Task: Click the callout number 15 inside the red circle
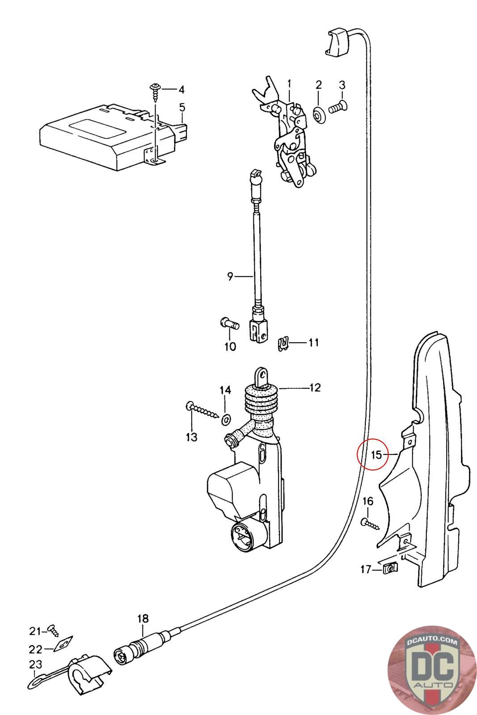(x=377, y=454)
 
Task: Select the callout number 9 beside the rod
(x=230, y=276)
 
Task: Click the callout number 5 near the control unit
(x=182, y=107)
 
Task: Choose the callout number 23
(x=35, y=664)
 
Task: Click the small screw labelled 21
(x=53, y=630)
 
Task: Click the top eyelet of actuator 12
(x=262, y=376)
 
